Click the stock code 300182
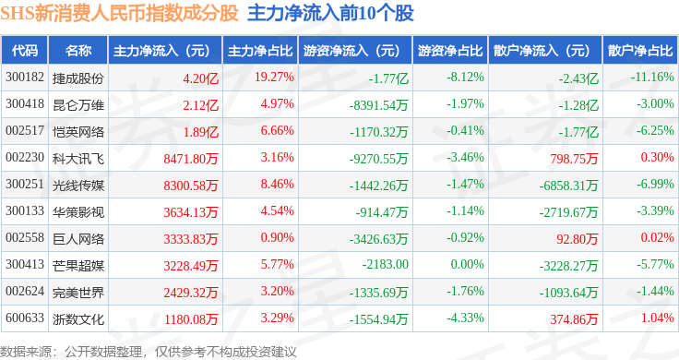click(x=25, y=78)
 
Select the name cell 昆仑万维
click(x=78, y=105)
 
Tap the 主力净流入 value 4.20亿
click(x=200, y=78)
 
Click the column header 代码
click(x=25, y=51)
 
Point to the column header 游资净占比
click(x=450, y=51)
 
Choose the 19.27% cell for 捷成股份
click(x=274, y=78)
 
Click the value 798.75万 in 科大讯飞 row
click(x=574, y=159)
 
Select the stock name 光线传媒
click(x=78, y=186)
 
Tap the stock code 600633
click(x=25, y=318)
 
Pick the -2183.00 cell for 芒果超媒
click(x=386, y=264)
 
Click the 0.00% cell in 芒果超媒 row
click(x=467, y=264)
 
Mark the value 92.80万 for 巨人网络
click(x=578, y=239)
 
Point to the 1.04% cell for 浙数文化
click(x=658, y=318)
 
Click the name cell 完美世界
click(x=78, y=293)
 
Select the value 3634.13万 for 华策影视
click(x=191, y=212)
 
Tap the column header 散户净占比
click(x=640, y=51)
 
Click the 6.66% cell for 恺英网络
click(x=277, y=130)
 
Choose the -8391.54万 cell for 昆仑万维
click(x=379, y=105)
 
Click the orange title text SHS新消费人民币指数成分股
click(x=120, y=13)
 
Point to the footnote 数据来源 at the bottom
click(x=26, y=352)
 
